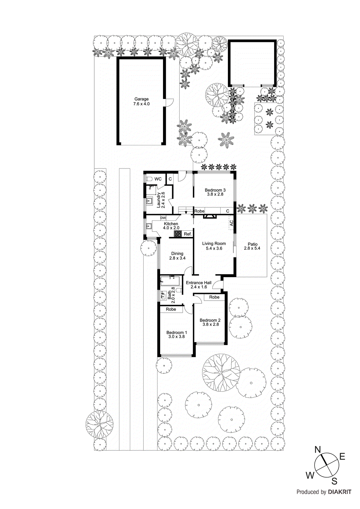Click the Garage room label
pyautogui.click(x=141, y=99)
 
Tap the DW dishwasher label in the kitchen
pyautogui.click(x=163, y=218)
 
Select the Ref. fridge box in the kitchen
pyautogui.click(x=188, y=234)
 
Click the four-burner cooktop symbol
pyautogui.click(x=178, y=234)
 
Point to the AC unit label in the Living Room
pyautogui.click(x=231, y=223)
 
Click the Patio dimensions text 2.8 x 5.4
pyautogui.click(x=252, y=248)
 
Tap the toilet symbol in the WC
pyautogui.click(x=150, y=179)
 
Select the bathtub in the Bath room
pyautogui.click(x=170, y=281)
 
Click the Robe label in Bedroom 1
pyautogui.click(x=171, y=309)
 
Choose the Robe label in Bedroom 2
pyautogui.click(x=214, y=297)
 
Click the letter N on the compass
pyautogui.click(x=317, y=450)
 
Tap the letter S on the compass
pyautogui.click(x=334, y=481)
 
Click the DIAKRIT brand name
pyautogui.click(x=339, y=492)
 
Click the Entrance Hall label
pyautogui.click(x=199, y=282)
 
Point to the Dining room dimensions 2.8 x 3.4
pyautogui.click(x=177, y=258)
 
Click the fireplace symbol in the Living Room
pyautogui.click(x=210, y=217)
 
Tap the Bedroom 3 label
pyautogui.click(x=215, y=190)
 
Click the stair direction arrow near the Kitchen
pyautogui.click(x=186, y=212)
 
